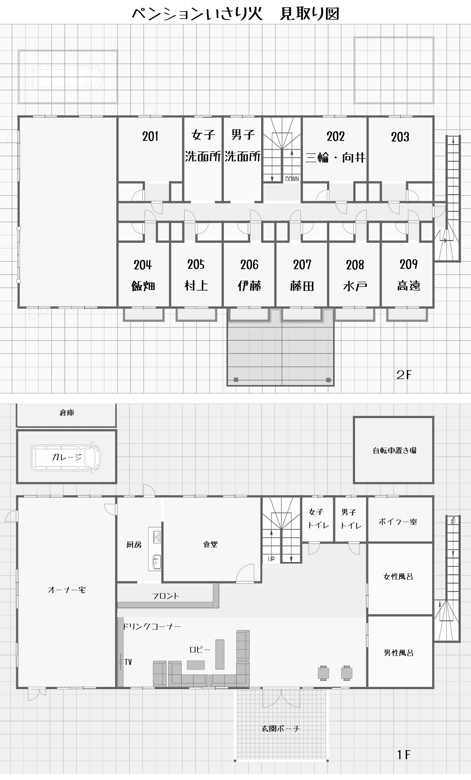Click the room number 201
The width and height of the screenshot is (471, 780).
click(x=150, y=136)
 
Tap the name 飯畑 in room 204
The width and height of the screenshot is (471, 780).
click(x=143, y=286)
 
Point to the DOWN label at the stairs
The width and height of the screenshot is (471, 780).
click(x=292, y=179)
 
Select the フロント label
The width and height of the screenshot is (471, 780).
click(x=165, y=596)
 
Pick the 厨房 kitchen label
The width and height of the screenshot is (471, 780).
click(x=134, y=545)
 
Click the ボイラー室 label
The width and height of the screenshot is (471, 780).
click(x=398, y=522)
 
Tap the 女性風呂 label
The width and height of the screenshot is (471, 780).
click(x=398, y=576)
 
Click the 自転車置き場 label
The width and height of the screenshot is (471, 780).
click(x=395, y=450)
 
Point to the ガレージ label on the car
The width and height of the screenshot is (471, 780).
click(x=67, y=457)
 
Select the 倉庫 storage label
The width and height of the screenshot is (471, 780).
click(x=67, y=412)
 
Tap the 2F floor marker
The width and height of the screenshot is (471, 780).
click(x=404, y=375)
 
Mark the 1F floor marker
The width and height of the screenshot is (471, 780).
click(x=404, y=755)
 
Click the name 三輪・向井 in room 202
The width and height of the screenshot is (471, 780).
click(x=335, y=157)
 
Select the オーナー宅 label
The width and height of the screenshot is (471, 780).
click(x=67, y=590)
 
